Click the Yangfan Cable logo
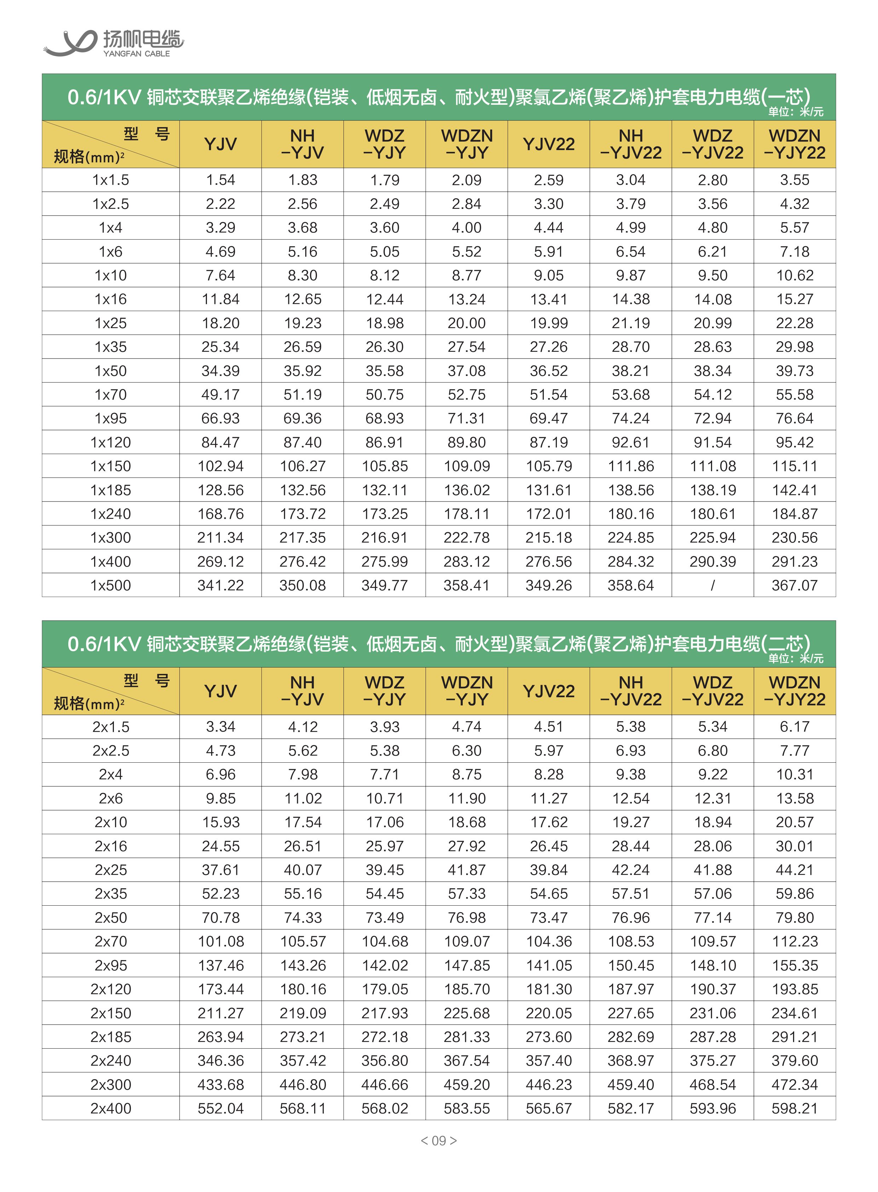pyautogui.click(x=113, y=42)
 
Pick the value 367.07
pyautogui.click(x=794, y=585)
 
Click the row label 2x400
pyautogui.click(x=111, y=1108)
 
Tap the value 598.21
pyautogui.click(x=794, y=1108)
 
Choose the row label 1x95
pyautogui.click(x=111, y=418)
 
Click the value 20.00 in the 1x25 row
pyautogui.click(x=466, y=323)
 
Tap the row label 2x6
pyautogui.click(x=111, y=798)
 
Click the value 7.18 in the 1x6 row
pyautogui.click(x=794, y=252)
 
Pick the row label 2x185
pyautogui.click(x=111, y=1037)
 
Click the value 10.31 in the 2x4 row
pyautogui.click(x=794, y=775)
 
